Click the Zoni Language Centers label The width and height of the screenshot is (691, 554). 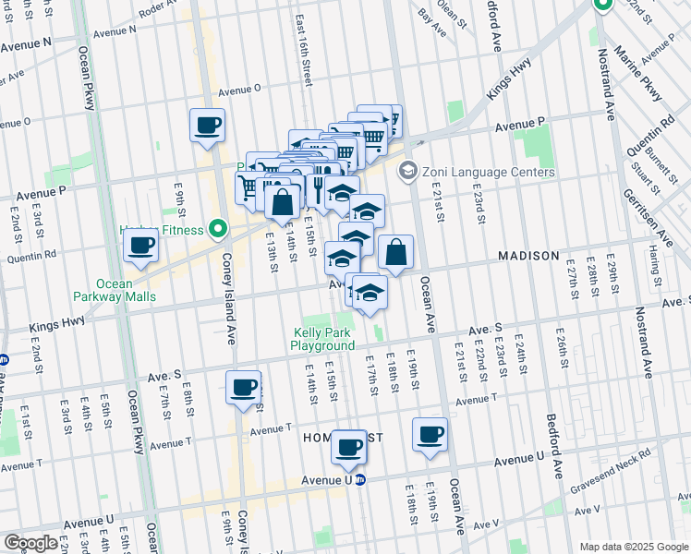click(x=488, y=172)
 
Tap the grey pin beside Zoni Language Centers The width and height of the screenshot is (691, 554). click(x=406, y=172)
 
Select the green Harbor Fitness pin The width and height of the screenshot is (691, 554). click(x=218, y=227)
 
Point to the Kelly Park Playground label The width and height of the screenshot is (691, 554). click(x=322, y=339)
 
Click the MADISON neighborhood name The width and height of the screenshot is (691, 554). click(x=528, y=256)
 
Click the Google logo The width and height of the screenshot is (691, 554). click(x=30, y=543)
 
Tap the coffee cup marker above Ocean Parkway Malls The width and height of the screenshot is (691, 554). click(x=140, y=246)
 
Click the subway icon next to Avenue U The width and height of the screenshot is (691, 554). click(x=362, y=480)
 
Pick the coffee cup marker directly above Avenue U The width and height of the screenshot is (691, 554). click(x=348, y=447)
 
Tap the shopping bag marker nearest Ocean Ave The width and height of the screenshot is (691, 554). click(x=395, y=252)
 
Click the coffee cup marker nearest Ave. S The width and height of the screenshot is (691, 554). click(x=244, y=387)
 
